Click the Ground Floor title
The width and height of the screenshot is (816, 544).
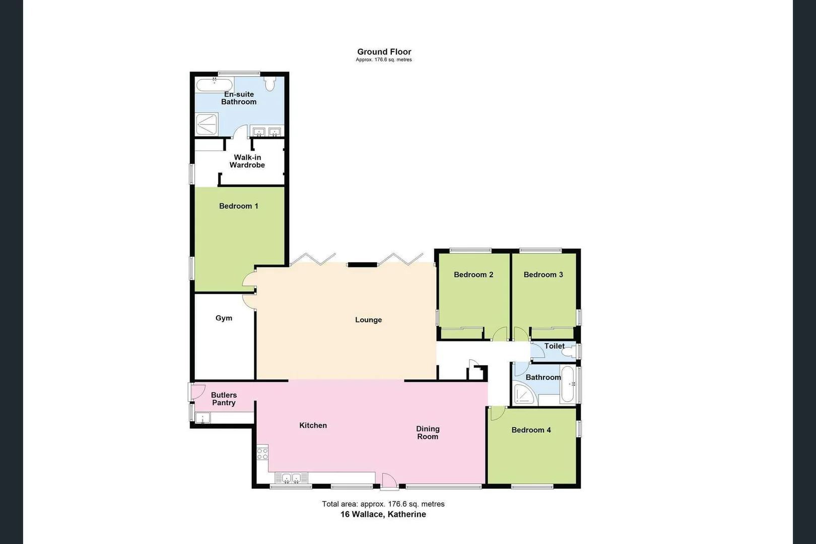coord(384,52)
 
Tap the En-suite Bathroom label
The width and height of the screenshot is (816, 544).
coord(239,98)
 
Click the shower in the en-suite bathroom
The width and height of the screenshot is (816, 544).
coord(207,124)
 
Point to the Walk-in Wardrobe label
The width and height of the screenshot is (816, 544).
coord(247,161)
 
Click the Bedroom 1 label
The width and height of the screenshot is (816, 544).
coord(238,206)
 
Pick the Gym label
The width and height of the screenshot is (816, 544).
coord(224,318)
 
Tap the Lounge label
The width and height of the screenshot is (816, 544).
coord(368,320)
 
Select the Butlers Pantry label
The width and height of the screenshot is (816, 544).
coord(224,399)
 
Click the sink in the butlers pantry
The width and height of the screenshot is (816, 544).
coord(202,418)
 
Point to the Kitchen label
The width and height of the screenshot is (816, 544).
coord(313,426)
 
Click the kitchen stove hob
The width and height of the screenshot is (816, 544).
coord(262,453)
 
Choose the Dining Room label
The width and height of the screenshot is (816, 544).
coord(428,433)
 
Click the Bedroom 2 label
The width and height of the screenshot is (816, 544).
coord(473,275)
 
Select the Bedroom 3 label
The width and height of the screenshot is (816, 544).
coord(543,275)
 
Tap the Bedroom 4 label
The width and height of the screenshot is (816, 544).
coord(531,430)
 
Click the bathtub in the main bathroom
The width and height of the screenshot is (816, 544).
coord(568,384)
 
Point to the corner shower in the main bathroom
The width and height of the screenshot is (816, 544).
coord(524,394)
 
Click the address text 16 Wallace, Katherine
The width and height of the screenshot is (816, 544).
coord(383,514)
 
